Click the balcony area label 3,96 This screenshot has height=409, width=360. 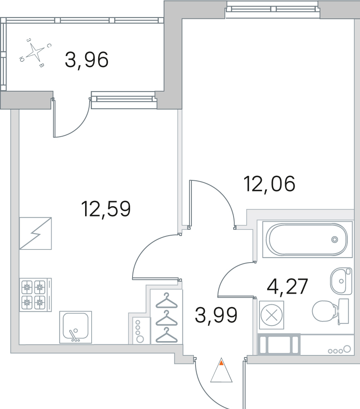coord(87,61)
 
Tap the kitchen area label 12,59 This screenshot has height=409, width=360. coord(106,209)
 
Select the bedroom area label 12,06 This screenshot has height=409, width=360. coord(269,184)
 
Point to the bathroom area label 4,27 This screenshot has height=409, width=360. coord(287,287)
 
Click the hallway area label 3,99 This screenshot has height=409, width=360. coord(216,315)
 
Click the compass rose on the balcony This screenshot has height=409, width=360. coord(36,52)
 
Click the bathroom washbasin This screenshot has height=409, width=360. coord(341,281)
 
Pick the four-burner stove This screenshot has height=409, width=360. coord(34,293)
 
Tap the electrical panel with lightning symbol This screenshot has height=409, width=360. coord(36,233)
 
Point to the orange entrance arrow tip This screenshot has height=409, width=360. coord(221,362)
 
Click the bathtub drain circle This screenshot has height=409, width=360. coord(335,240)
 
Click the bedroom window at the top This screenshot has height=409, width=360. coord(272,9)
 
